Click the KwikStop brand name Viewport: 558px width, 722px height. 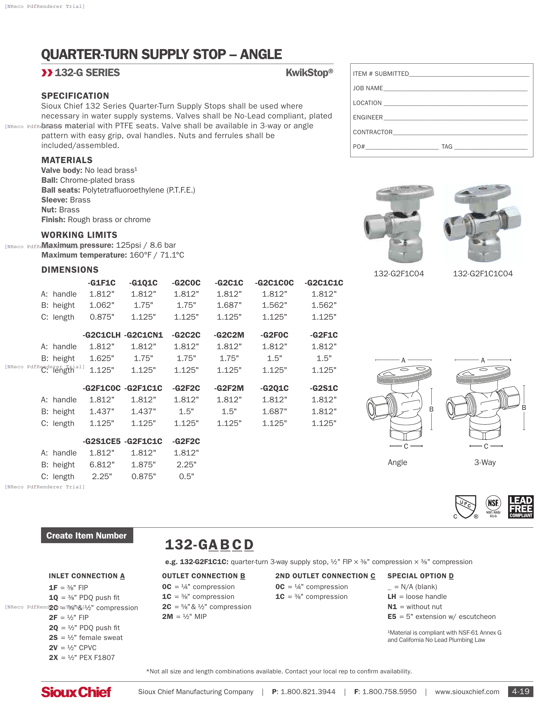pyautogui.click(x=309, y=73)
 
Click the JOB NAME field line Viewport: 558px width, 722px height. pyautogui.click(x=456, y=89)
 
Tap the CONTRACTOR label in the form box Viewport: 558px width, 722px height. pyautogui.click(x=373, y=132)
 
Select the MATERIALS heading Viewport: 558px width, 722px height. pyautogui.click(x=67, y=160)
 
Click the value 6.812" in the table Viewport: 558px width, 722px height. pyautogui.click(x=102, y=465)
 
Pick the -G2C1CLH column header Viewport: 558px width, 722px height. pyautogui.click(x=101, y=335)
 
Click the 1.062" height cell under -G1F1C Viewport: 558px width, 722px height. pyautogui.click(x=102, y=306)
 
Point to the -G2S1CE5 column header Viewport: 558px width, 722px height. pyautogui.click(x=101, y=442)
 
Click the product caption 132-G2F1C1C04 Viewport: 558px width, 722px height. pyautogui.click(x=483, y=274)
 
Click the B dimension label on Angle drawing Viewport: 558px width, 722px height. pyautogui.click(x=431, y=409)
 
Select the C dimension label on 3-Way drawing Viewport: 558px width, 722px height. pyautogui.click(x=486, y=446)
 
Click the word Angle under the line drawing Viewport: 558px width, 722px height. pyautogui.click(x=397, y=462)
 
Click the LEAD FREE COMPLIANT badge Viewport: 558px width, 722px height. pyautogui.click(x=521, y=506)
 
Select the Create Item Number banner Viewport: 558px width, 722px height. pyautogui.click(x=87, y=536)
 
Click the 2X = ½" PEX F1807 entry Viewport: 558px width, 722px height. pyautogui.click(x=82, y=658)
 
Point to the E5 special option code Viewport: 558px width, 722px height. pyautogui.click(x=392, y=617)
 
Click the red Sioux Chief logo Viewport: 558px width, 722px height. pyautogui.click(x=76, y=692)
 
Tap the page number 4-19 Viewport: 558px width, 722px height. pyautogui.click(x=520, y=691)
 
